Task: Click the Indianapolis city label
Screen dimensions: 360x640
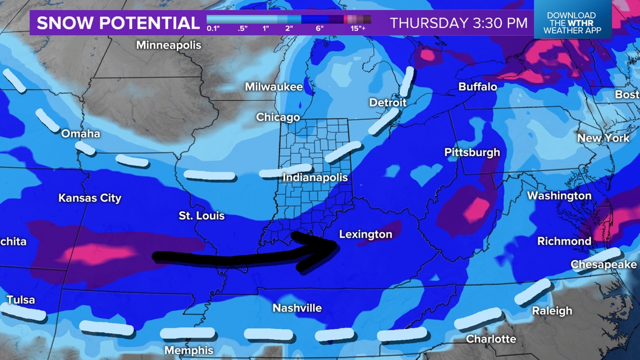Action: [x=315, y=177]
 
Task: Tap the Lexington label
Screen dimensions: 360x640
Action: [x=365, y=234]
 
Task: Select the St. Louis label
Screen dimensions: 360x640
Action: [x=202, y=216]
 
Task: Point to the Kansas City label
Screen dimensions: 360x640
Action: [x=90, y=198]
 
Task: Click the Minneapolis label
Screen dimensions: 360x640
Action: [x=168, y=45]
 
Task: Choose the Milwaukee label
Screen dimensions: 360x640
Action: [x=273, y=87]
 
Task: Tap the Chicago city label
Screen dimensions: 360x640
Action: [x=278, y=117]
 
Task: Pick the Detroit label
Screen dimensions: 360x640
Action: [x=387, y=103]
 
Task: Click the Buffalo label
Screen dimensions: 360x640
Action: [x=478, y=86]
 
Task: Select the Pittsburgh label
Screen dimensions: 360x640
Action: [x=472, y=152]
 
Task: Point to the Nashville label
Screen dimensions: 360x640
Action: [x=297, y=308]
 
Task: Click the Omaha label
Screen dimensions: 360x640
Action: [x=81, y=134]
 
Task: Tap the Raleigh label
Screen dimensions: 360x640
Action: [x=552, y=311]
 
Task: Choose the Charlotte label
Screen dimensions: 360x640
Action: [x=491, y=339]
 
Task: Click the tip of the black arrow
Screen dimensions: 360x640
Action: [x=337, y=243]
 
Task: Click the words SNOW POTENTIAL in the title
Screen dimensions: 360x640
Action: [x=118, y=23]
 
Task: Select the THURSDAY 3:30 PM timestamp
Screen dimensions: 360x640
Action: [x=459, y=23]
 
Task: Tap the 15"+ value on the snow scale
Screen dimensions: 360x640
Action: [x=358, y=28]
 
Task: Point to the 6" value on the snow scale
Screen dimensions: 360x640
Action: [x=319, y=28]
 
